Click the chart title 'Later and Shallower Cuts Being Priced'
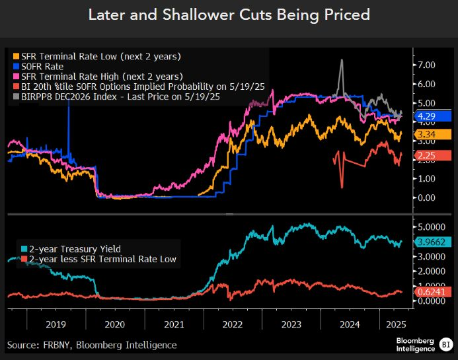click(x=229, y=15)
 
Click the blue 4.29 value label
click(x=433, y=116)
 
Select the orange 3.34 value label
click(x=433, y=135)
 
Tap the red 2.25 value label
click(x=433, y=155)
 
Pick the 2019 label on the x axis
click(x=56, y=325)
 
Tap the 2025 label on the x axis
click(x=395, y=325)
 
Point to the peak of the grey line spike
click(x=341, y=60)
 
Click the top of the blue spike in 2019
click(x=69, y=90)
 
